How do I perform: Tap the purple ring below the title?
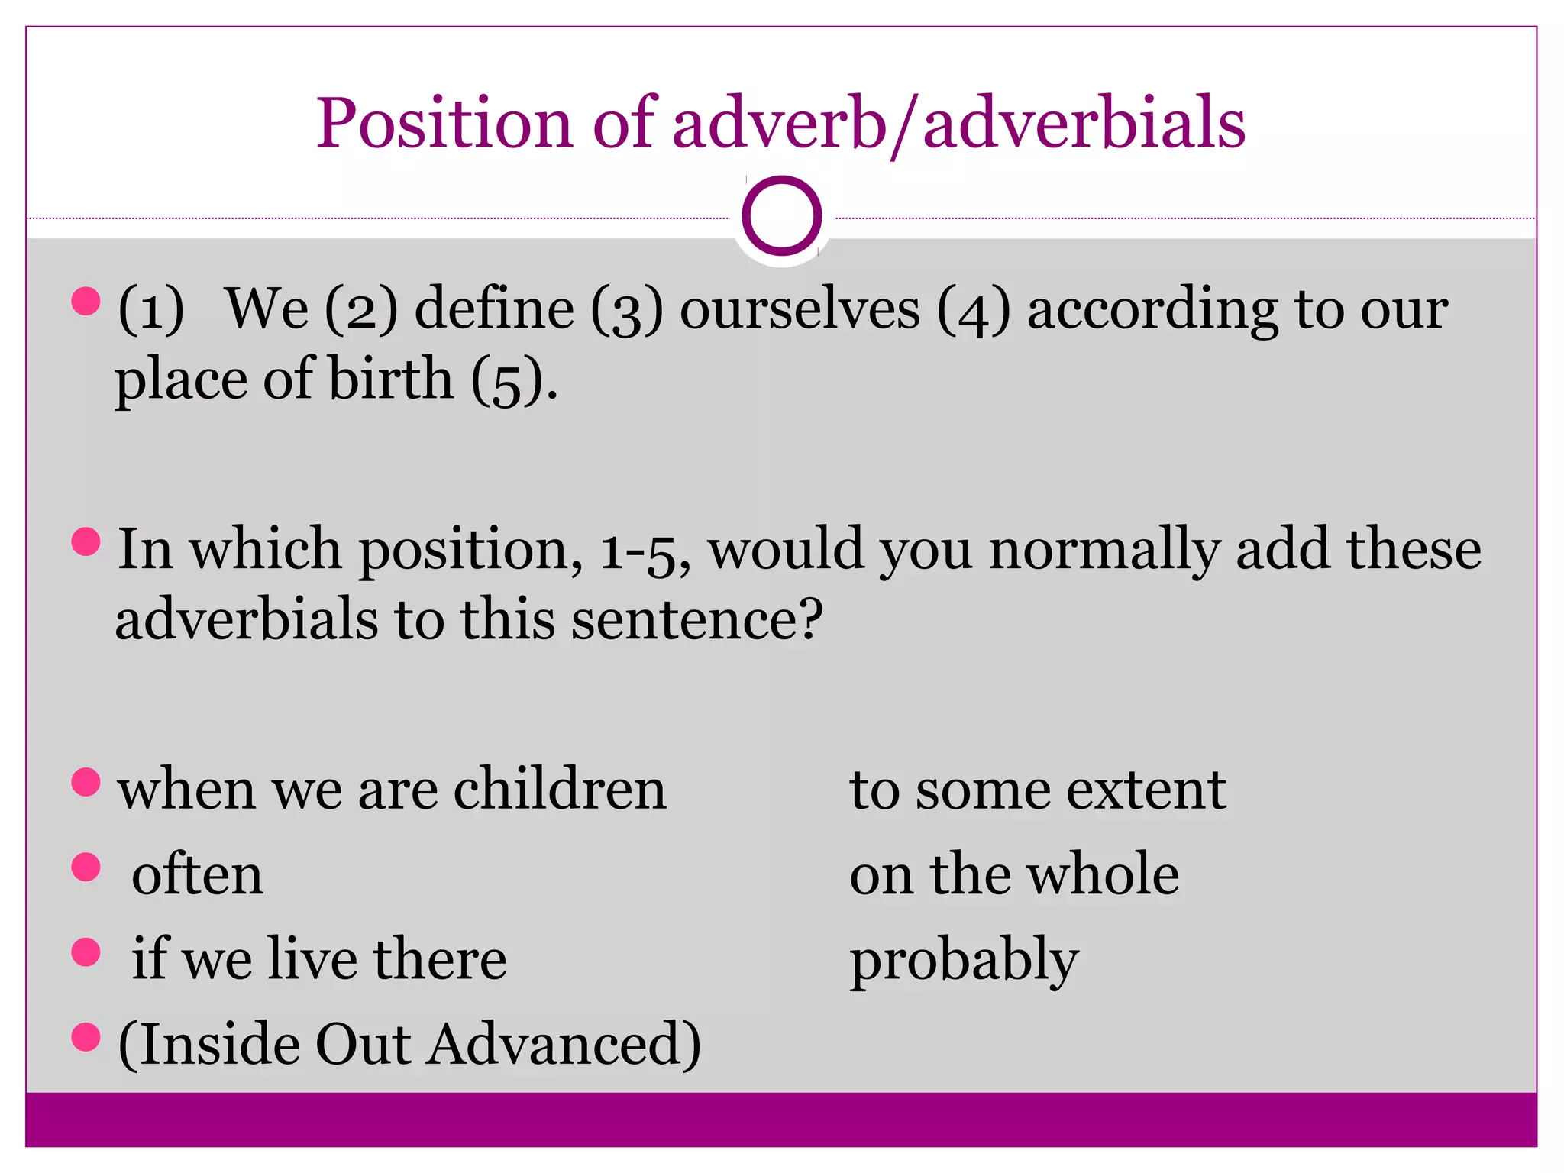(781, 216)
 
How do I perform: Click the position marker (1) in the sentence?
(150, 310)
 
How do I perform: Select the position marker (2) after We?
(361, 310)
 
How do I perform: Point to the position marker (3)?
(626, 310)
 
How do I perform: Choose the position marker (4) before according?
(974, 310)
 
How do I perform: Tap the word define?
(494, 309)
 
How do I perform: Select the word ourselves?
(800, 310)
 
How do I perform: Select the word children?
(560, 790)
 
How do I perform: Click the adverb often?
(197, 875)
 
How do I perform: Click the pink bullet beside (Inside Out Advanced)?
(86, 1037)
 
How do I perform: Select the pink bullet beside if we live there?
(86, 952)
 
